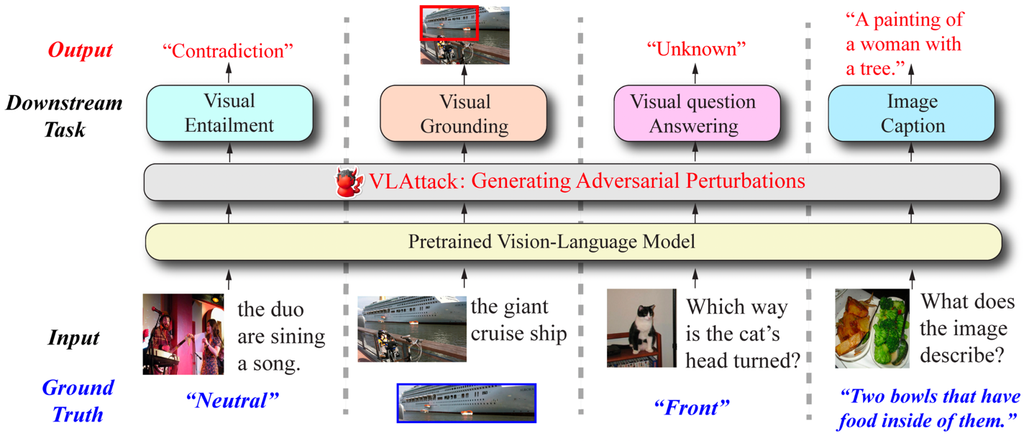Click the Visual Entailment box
tap(229, 113)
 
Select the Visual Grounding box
tap(464, 114)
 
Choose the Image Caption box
tap(913, 114)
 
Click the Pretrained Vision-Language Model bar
tap(573, 242)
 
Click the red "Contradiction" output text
tap(229, 50)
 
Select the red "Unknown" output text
tap(696, 49)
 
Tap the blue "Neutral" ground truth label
tap(232, 399)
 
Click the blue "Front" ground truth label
tap(691, 407)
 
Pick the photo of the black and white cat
tap(641, 328)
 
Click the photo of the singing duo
tap(183, 334)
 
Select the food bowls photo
tap(872, 329)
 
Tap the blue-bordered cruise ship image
tap(467, 402)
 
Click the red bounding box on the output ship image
tap(449, 23)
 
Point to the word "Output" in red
tap(80, 50)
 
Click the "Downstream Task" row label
tap(65, 116)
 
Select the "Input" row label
tap(73, 337)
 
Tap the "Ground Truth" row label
tap(77, 401)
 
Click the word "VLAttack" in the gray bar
tap(412, 181)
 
